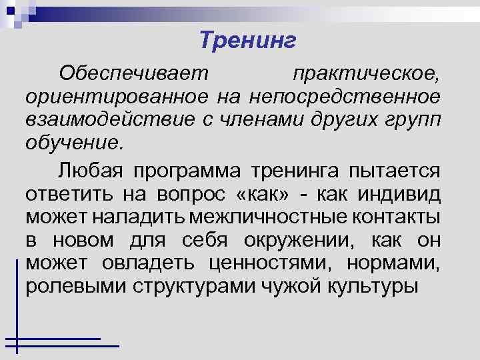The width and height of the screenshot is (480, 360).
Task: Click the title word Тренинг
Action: pyautogui.click(x=247, y=41)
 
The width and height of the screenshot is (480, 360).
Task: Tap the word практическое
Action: pyautogui.click(x=366, y=73)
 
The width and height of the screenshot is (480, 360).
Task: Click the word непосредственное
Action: pyautogui.click(x=345, y=97)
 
